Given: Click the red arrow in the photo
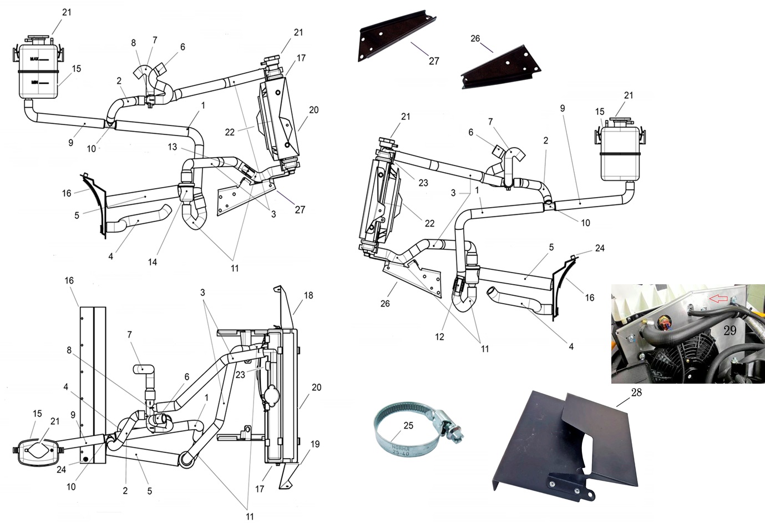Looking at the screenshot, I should (718, 299).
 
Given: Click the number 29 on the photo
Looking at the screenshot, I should (730, 330).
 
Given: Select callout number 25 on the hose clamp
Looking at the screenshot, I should (408, 426).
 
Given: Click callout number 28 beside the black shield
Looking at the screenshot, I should (636, 393).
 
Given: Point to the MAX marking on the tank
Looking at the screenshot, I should (35, 58).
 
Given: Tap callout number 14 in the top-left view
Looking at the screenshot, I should (153, 262).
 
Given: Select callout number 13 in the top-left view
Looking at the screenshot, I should (173, 147).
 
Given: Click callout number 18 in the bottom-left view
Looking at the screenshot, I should (308, 295).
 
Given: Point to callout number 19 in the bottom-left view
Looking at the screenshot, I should (315, 444).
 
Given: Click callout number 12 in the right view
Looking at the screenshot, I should (439, 336).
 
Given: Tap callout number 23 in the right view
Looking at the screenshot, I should (423, 183).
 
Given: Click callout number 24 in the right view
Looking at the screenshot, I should (600, 248).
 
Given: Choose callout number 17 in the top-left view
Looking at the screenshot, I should (301, 58).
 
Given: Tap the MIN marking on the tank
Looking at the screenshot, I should (34, 82).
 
